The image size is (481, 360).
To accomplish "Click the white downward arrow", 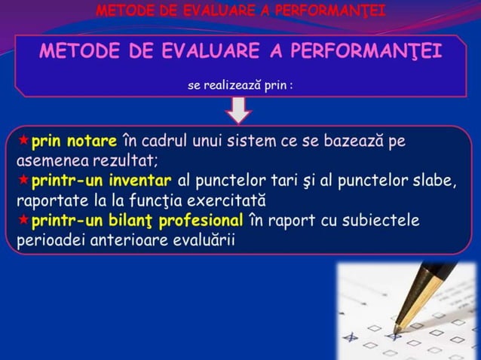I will coord(240,110).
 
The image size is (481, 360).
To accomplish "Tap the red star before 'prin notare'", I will coord(23,141).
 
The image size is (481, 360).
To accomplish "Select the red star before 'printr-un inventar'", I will coord(23,181).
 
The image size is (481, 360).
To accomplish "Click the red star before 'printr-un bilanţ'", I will coord(23,221).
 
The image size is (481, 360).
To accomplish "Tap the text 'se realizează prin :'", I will coord(240,86).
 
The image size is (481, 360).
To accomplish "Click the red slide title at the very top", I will coord(240,11).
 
